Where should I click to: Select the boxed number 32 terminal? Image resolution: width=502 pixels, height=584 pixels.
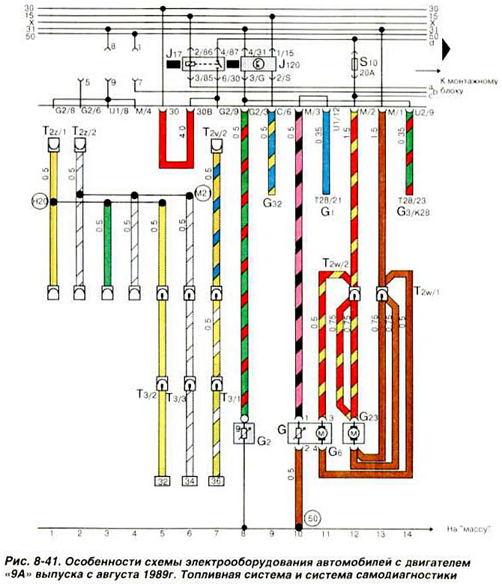tap(161, 481)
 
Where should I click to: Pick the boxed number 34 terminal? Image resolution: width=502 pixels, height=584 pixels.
tap(189, 481)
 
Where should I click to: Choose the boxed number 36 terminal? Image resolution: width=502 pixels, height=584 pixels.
tap(216, 481)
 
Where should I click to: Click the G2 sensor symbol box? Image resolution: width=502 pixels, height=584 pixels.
tap(244, 432)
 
